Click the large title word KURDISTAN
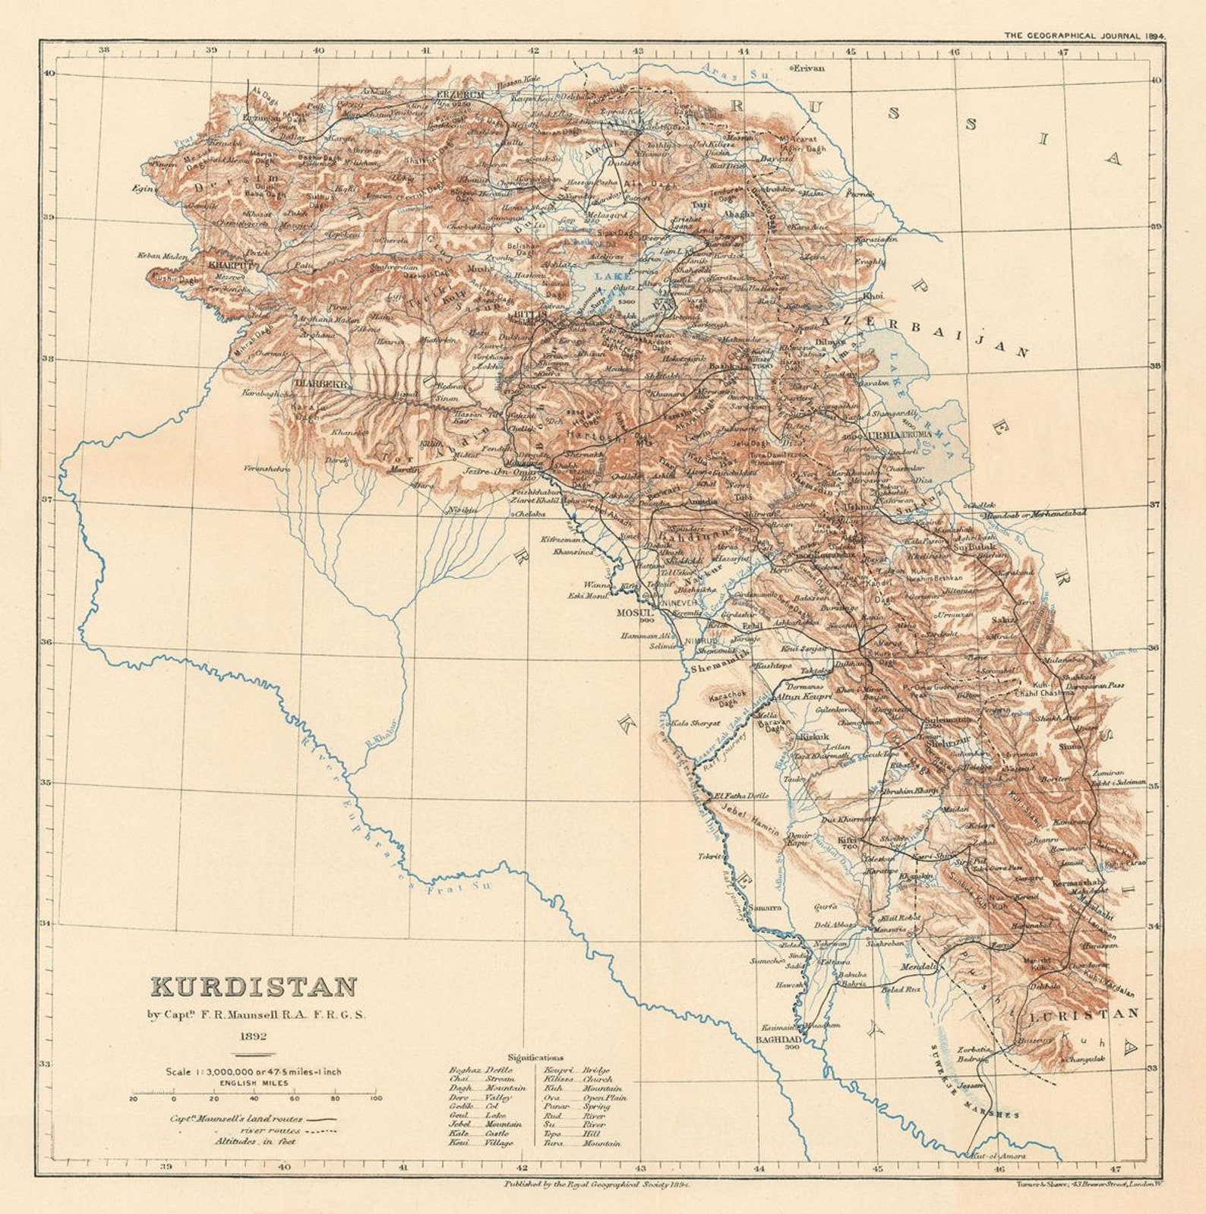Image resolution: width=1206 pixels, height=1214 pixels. tap(254, 987)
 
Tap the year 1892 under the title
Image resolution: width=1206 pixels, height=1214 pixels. tap(254, 1036)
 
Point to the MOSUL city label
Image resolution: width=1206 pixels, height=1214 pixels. tap(635, 612)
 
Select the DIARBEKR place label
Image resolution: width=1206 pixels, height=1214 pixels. tap(322, 384)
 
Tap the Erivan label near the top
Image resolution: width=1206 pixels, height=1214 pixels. tap(808, 68)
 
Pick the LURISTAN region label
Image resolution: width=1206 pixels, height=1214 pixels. tap(1085, 1014)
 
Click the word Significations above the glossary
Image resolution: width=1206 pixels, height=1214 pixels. tap(535, 1057)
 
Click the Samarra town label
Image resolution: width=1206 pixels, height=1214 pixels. tap(763, 907)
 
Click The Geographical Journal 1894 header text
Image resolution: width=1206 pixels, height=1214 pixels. tap(1084, 35)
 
